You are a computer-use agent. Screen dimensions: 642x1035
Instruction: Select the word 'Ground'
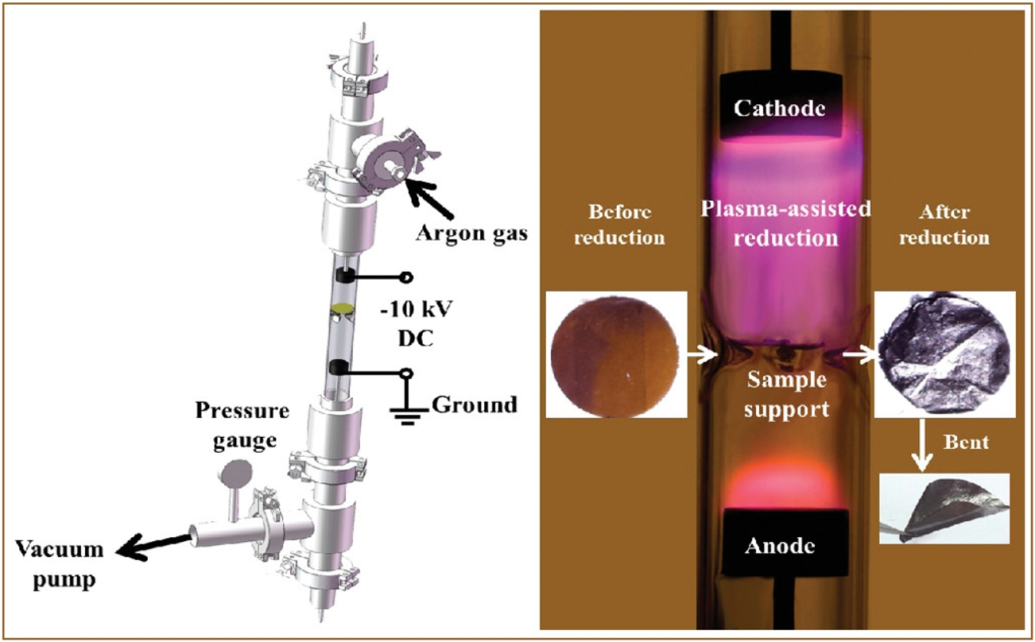point(474,404)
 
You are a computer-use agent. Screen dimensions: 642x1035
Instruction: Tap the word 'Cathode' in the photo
point(777,107)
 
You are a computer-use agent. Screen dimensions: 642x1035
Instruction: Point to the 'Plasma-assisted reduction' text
point(786,223)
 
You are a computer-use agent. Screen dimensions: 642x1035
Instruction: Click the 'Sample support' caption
point(786,395)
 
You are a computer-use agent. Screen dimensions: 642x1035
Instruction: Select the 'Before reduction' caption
point(618,224)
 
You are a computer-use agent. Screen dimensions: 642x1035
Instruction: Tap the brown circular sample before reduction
point(617,354)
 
